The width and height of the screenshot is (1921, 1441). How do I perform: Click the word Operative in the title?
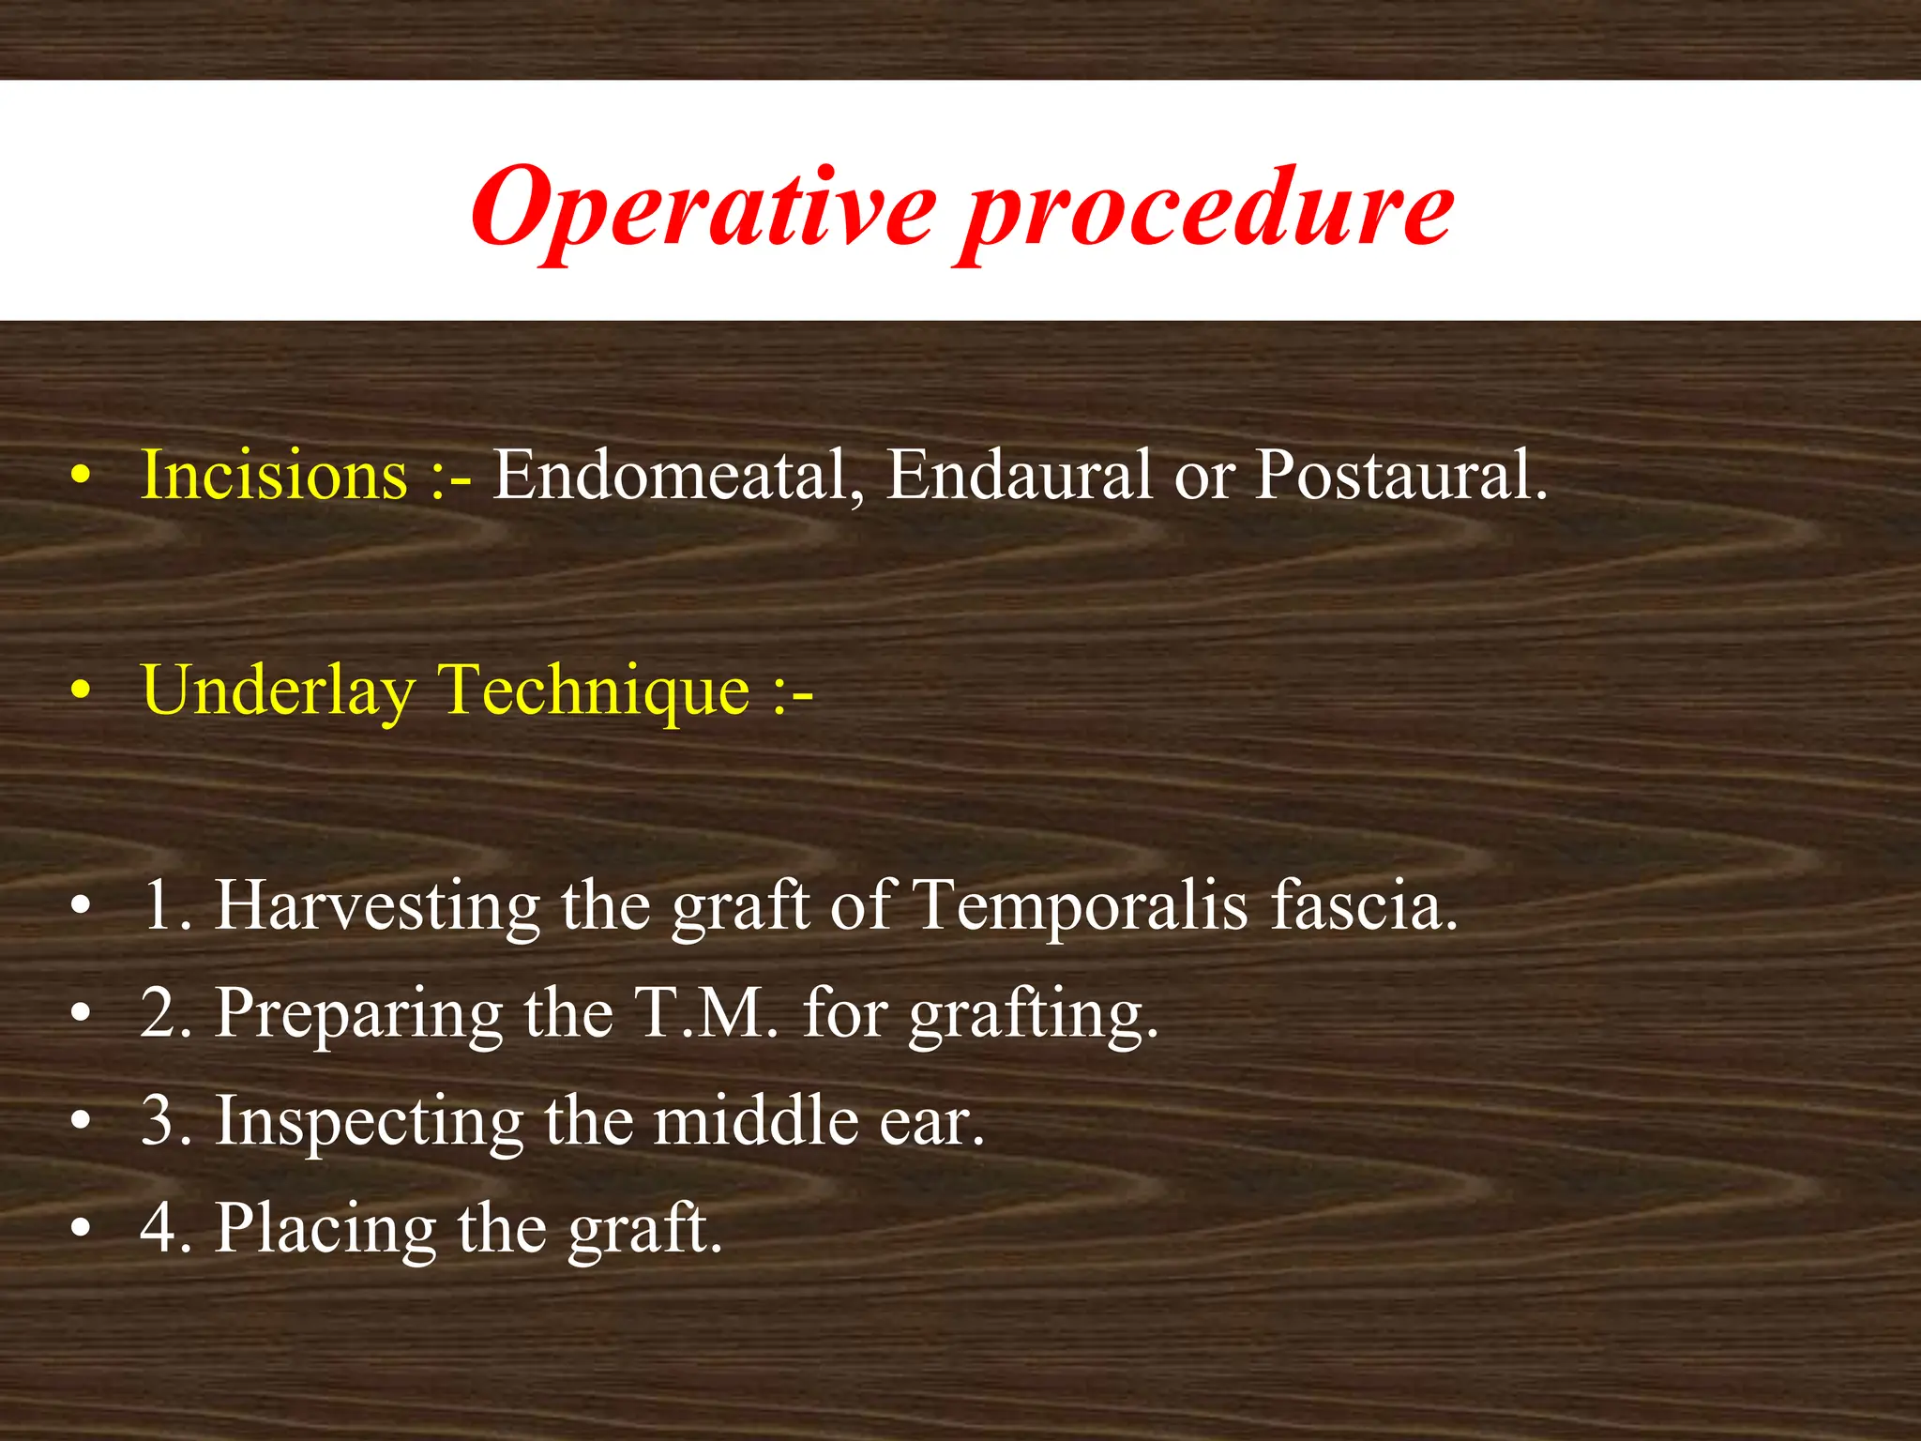point(703,208)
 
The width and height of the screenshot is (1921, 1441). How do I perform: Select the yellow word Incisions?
point(274,475)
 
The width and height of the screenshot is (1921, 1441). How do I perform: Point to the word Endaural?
point(1019,475)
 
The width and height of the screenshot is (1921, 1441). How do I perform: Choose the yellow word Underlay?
point(278,692)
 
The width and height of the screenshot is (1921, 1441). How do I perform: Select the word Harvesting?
point(377,906)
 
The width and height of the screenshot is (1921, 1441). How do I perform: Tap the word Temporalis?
point(1081,906)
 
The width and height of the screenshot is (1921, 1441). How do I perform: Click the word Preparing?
point(358,1015)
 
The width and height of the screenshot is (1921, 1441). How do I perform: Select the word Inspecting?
point(370,1122)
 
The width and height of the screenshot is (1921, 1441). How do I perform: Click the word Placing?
point(325,1229)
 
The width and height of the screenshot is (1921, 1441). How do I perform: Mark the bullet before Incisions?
point(83,477)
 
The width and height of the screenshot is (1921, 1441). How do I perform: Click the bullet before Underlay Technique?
point(83,692)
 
